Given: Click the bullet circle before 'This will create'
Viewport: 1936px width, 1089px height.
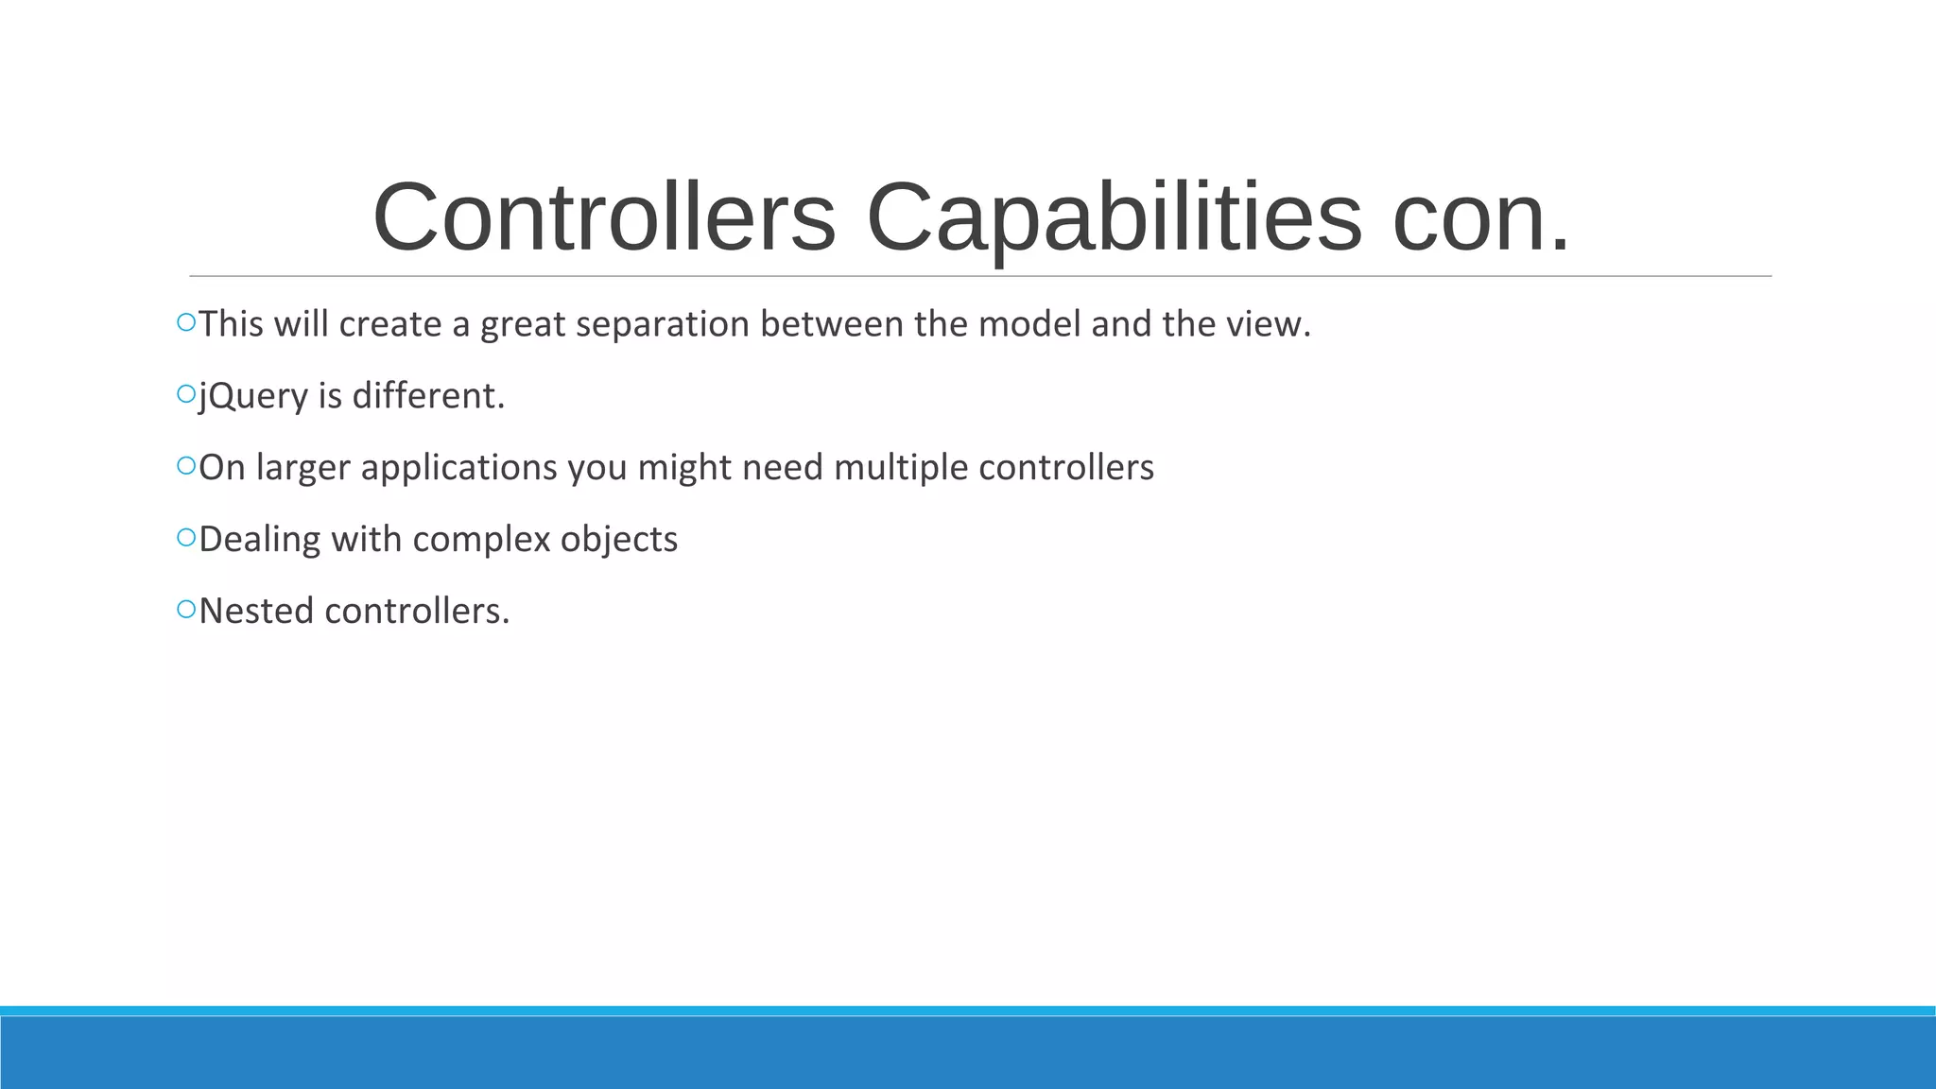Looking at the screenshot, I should point(186,323).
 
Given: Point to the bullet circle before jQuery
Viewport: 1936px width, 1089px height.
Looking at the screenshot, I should point(186,395).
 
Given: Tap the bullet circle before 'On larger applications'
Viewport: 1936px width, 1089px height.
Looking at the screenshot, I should point(186,466).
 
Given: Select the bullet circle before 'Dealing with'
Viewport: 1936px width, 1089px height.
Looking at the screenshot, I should point(186,538).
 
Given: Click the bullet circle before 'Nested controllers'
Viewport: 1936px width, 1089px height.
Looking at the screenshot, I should point(186,610).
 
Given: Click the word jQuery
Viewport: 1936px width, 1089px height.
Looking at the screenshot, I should point(253,396).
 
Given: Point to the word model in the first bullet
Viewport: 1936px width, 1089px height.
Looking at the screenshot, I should point(1028,324).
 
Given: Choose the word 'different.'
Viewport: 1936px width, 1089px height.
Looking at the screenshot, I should point(428,396).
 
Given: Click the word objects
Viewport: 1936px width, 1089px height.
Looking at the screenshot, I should point(619,540).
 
